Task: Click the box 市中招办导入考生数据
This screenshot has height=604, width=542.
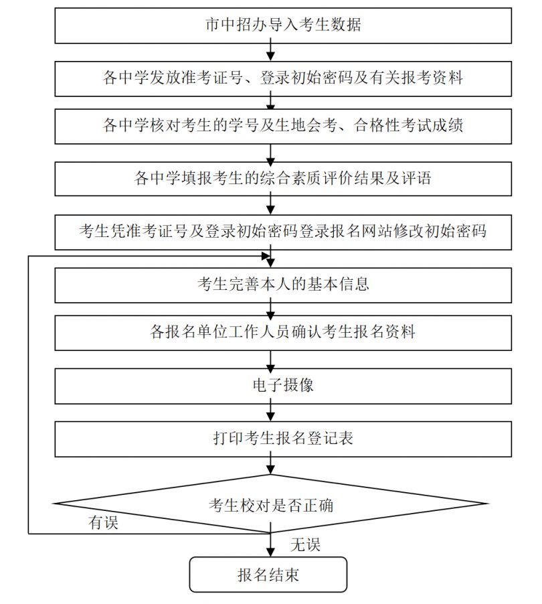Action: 283,25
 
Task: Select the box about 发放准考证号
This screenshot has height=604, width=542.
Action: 283,78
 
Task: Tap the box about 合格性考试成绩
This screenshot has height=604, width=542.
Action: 283,127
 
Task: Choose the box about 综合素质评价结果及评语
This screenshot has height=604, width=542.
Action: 283,179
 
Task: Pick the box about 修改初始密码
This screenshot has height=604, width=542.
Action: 283,232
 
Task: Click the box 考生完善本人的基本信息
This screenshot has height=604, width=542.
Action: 283,285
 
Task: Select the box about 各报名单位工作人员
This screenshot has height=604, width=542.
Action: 283,333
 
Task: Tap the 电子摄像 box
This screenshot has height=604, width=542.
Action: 283,386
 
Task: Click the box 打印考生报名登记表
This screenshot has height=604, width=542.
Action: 283,439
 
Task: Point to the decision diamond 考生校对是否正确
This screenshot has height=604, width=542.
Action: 270,504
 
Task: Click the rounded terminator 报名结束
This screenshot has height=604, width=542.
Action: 268,575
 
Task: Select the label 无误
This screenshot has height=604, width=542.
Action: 305,544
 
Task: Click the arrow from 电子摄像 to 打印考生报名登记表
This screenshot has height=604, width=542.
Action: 270,412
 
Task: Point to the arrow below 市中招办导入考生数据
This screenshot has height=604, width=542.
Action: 270,52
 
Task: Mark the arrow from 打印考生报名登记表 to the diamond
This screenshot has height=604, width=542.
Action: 270,465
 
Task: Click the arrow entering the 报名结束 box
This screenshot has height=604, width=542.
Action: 270,545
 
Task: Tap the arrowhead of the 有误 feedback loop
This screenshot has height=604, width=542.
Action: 266,256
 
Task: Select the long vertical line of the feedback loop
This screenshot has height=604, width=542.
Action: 29,395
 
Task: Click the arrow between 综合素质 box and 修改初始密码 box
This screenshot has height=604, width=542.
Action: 270,206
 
